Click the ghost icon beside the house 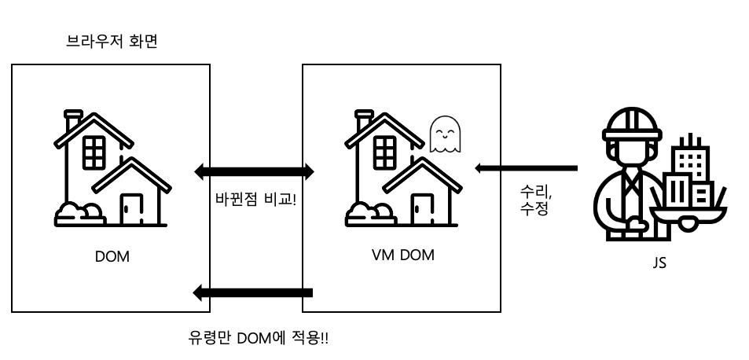coord(445,134)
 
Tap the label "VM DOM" coord(403,255)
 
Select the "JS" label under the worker coord(659,263)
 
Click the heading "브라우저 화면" coord(112,42)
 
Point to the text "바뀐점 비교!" coord(256,198)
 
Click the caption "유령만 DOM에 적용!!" coord(259,338)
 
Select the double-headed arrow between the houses coord(254,171)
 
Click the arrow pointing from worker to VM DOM coord(526,168)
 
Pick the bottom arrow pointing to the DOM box coord(253,292)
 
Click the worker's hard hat coord(633,123)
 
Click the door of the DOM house coord(131,209)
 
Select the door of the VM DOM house coord(423,209)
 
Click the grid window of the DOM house coord(94,152)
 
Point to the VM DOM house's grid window coord(385,152)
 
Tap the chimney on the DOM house coord(73,119)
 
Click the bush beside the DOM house coord(79,215)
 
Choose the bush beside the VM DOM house coord(371,215)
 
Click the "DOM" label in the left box coord(112,257)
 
